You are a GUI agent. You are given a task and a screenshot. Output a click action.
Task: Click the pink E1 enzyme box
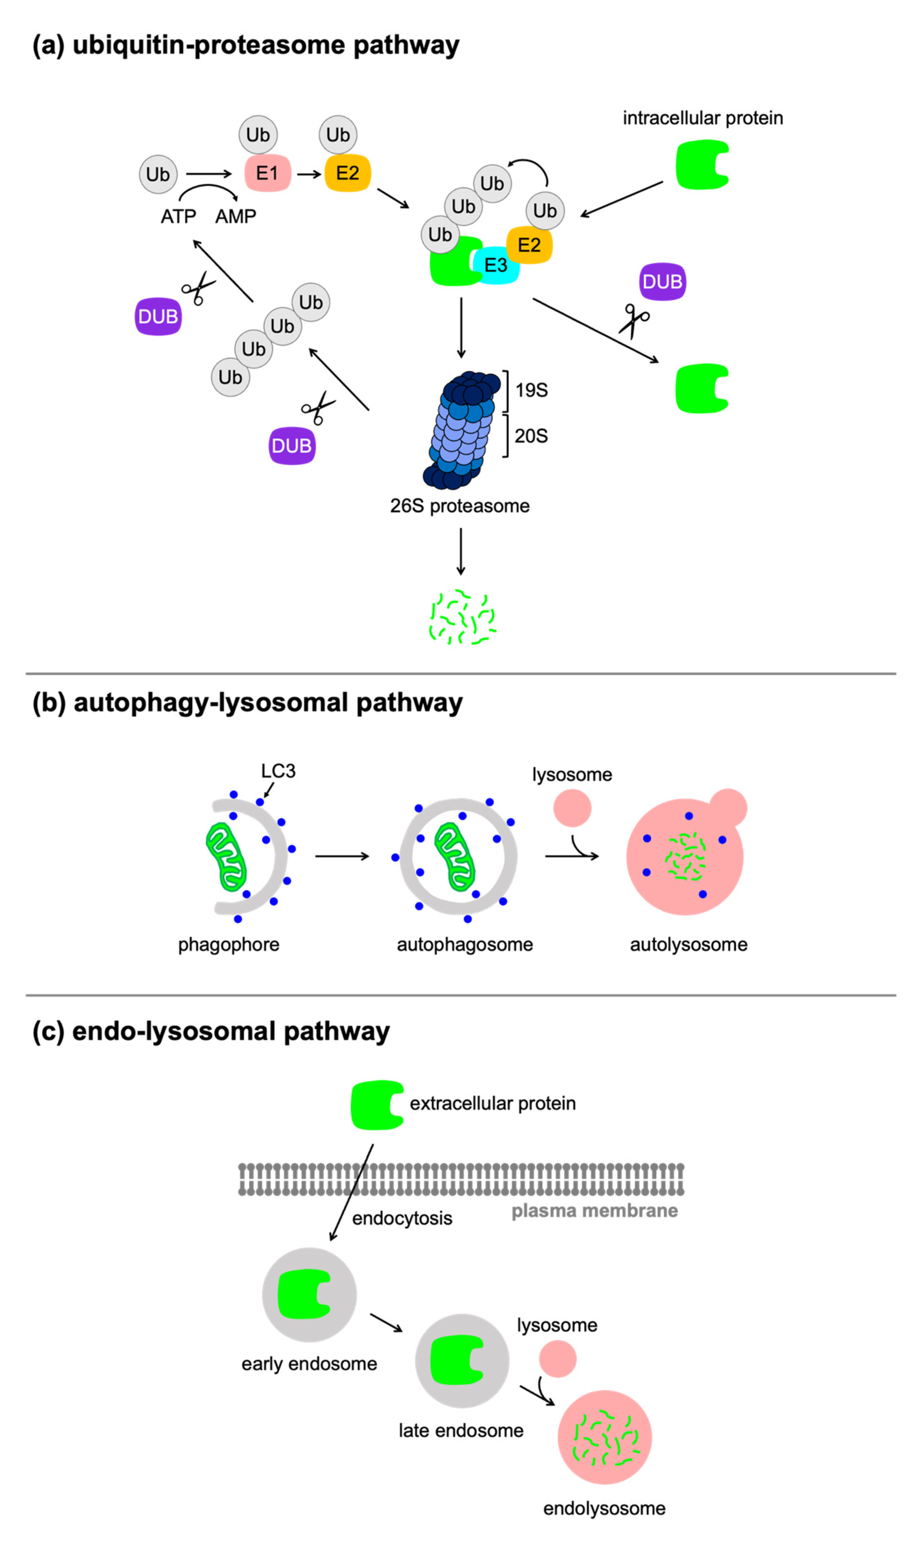[x=267, y=173]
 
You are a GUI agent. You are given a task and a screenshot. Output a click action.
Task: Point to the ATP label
[x=178, y=217]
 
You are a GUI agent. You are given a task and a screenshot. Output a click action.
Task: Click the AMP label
[x=236, y=217]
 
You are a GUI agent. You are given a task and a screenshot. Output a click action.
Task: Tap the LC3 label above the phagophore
[x=278, y=771]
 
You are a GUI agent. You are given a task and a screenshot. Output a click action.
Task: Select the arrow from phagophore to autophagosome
[x=342, y=856]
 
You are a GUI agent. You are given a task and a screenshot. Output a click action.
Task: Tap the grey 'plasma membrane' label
[x=594, y=1211]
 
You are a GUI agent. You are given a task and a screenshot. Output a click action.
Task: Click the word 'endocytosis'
[x=402, y=1218]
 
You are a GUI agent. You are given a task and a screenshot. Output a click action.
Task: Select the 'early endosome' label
[x=309, y=1364]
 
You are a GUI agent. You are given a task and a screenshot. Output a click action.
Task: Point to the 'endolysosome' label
[x=604, y=1509]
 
